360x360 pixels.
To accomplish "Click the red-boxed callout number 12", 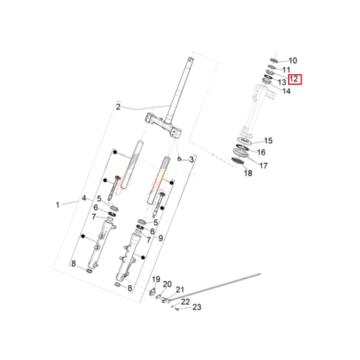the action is coord(294,79).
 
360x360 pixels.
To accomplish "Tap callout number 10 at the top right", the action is coord(293,60).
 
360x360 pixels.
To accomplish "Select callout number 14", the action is coord(287,91).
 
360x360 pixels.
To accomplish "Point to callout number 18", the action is coord(248,173).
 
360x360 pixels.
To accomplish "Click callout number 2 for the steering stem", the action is coord(118,107).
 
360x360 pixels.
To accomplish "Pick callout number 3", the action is coord(192,159).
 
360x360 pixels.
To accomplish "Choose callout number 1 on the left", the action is coord(58,205).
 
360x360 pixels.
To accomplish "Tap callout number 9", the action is coord(161,238).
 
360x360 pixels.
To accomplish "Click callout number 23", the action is coord(197,307).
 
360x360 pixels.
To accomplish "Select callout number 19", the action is coord(156,279).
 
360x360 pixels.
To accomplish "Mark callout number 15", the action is coord(269,140).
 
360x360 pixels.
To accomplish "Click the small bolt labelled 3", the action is coord(179,158).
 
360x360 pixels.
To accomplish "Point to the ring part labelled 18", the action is coord(238,161).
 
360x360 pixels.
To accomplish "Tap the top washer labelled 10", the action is coord(274,60).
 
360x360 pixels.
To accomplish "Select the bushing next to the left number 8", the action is coord(89,271).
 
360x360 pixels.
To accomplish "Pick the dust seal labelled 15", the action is coord(244,141).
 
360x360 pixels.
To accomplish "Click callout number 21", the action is coord(180,289).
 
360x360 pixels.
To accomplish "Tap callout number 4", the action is coord(84,198).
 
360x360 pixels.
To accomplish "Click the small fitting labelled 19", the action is coord(152,292).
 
